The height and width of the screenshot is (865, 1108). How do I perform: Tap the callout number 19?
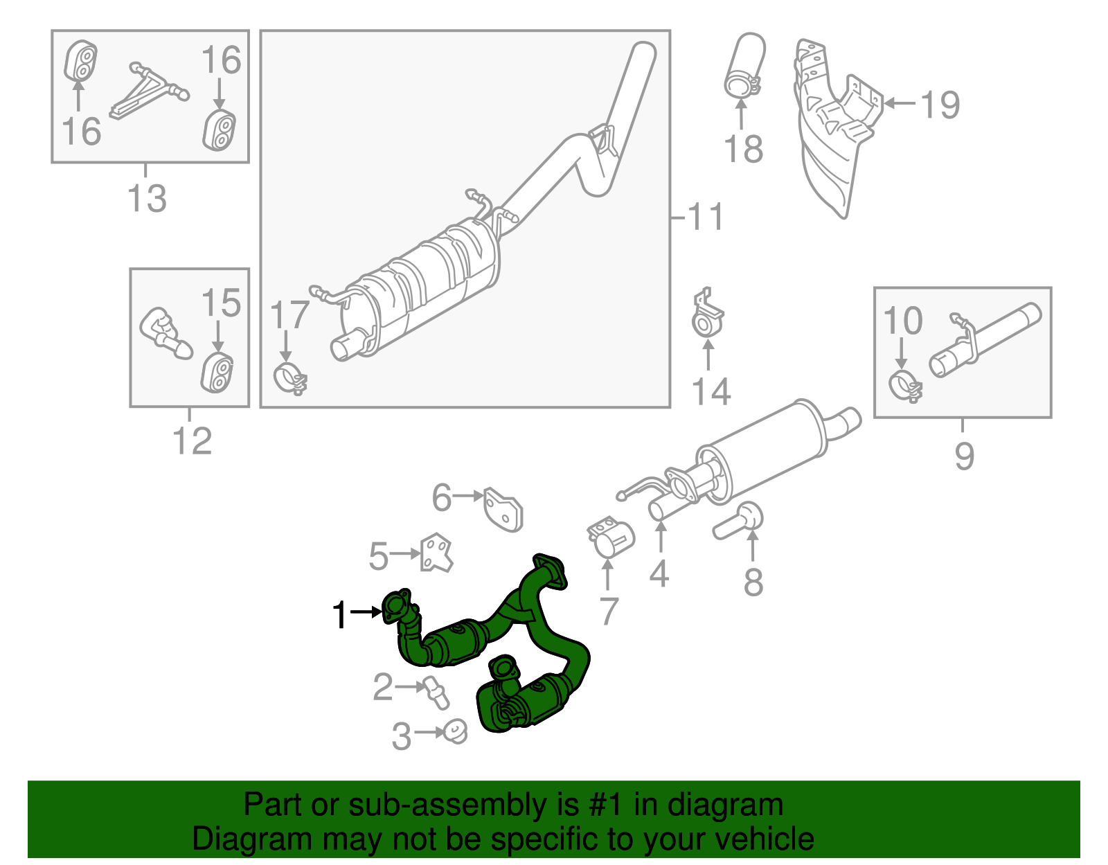940,105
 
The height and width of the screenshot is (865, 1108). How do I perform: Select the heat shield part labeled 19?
831,132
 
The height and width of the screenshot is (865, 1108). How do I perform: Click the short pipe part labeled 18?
745,66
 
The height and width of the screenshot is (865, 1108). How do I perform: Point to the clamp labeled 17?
289,378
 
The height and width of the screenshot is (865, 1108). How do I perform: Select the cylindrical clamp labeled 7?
611,538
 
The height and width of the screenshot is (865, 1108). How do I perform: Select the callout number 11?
705,217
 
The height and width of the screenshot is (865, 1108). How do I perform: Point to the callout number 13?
147,199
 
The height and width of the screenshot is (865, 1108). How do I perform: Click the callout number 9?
964,456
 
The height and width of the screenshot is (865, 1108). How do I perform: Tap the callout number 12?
192,441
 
